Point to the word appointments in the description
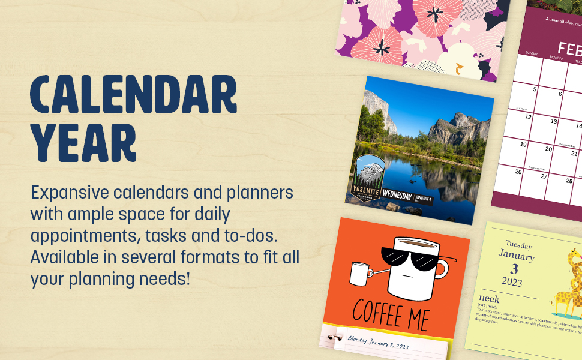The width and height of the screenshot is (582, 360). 83,235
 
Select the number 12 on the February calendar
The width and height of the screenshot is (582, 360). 529,117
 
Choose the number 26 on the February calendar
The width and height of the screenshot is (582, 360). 518,172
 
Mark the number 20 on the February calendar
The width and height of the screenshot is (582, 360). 548,149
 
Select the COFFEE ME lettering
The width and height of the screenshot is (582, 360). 391,312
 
